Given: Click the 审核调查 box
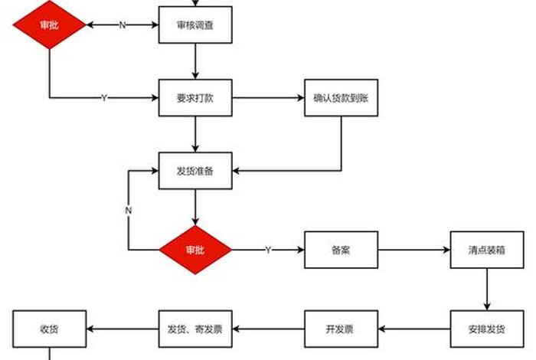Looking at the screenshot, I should [195, 25].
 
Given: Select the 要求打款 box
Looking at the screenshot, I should [195, 97].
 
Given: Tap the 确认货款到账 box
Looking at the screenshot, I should [341, 97].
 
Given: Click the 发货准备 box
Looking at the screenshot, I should [195, 171].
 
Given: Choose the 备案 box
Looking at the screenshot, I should [341, 250].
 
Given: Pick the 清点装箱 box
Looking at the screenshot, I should [487, 250].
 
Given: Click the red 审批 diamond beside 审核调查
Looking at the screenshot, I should [50, 25].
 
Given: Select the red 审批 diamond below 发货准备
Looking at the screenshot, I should [195, 250].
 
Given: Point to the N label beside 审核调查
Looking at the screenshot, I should [123, 25].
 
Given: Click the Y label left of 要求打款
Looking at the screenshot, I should [104, 97].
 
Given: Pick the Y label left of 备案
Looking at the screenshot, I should [268, 250].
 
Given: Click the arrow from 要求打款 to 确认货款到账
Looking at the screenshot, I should [268, 97].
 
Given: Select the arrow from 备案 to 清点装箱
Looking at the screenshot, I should [413, 250].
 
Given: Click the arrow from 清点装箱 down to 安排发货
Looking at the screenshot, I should [487, 289].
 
